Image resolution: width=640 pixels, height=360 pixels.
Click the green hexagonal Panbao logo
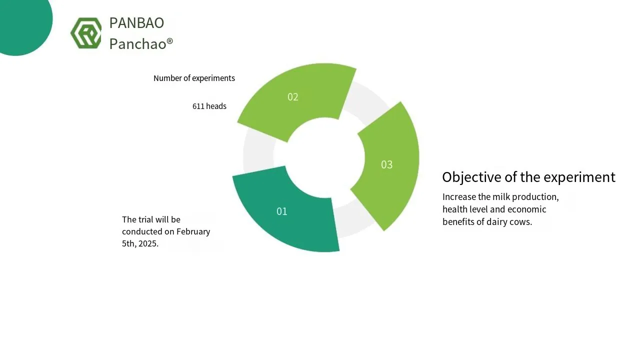(x=86, y=33)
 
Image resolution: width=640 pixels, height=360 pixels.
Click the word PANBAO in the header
(x=136, y=23)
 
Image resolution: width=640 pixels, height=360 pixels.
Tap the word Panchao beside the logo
(x=137, y=44)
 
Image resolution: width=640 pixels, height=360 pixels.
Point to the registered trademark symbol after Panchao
(x=169, y=41)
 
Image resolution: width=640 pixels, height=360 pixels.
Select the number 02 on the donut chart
(x=293, y=97)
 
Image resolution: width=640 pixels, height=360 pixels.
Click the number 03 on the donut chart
(x=387, y=164)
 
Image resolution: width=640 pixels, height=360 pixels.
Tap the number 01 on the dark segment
(x=281, y=211)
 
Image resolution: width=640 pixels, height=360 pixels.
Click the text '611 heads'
(x=209, y=106)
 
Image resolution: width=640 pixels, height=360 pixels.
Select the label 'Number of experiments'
(x=194, y=78)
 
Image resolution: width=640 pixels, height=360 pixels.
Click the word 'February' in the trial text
(x=193, y=231)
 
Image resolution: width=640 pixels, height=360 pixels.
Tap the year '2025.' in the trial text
(x=148, y=243)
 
